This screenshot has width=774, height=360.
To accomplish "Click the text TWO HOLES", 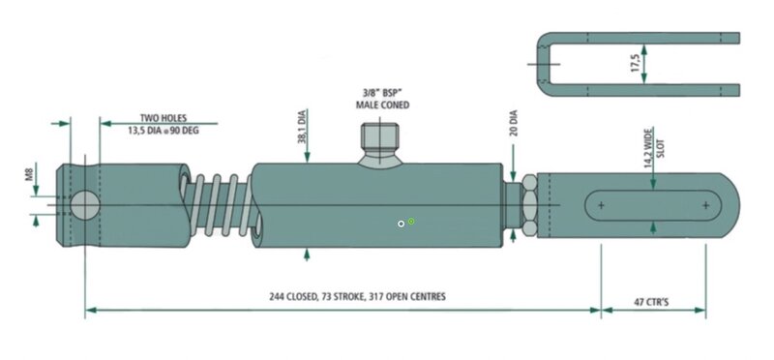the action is tap(164, 118).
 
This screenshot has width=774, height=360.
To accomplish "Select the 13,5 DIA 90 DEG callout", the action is tap(164, 131).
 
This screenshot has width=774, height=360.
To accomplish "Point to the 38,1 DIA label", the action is tap(302, 127).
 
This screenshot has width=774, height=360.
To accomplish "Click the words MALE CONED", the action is tap(382, 105).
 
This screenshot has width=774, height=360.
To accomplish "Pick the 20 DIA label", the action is tap(514, 123).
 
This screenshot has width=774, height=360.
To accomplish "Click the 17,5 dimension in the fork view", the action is tap(636, 64).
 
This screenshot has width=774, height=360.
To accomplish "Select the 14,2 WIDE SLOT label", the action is tap(655, 148).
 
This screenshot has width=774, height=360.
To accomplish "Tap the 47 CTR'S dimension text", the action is tap(651, 302).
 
